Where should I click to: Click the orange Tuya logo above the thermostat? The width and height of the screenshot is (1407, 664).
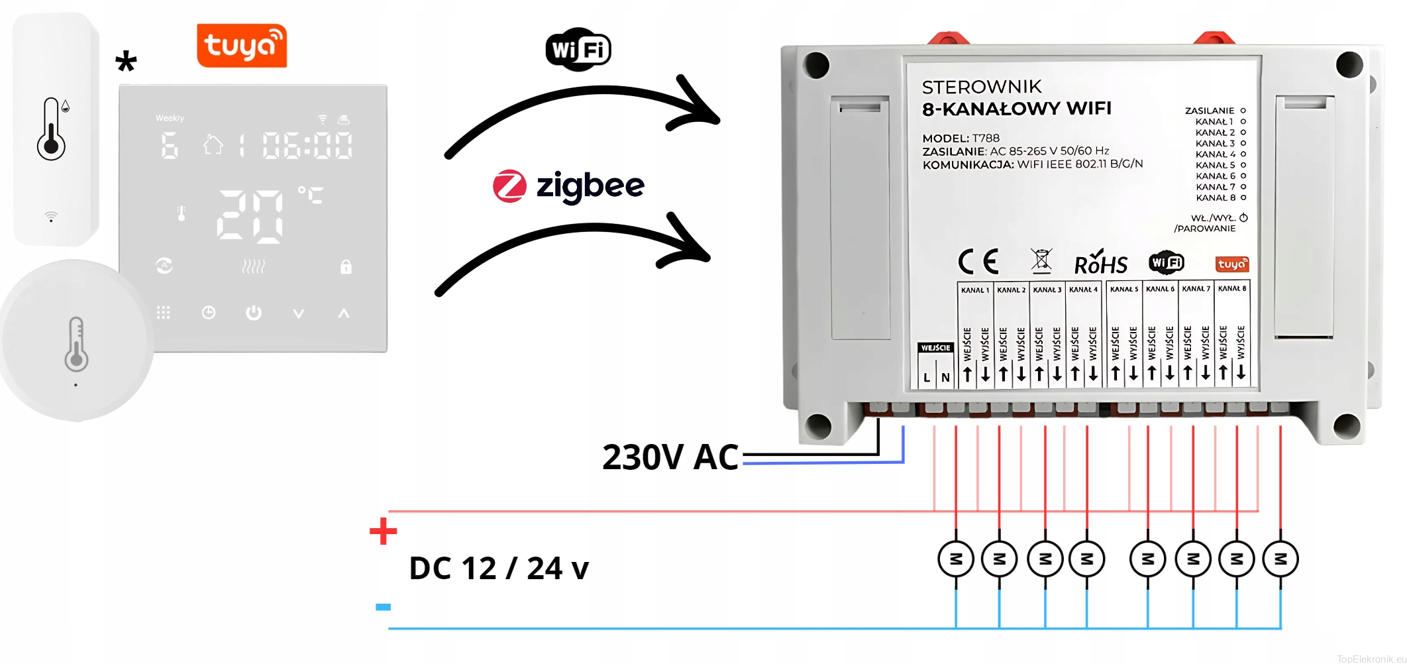(242, 46)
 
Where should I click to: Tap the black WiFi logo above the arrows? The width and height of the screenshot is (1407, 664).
(578, 50)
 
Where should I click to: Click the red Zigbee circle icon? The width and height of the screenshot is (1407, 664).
(509, 186)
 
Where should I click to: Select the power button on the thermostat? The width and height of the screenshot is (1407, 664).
(254, 313)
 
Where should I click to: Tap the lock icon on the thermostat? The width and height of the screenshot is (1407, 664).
(346, 266)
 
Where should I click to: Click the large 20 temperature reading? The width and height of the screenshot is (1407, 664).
(251, 215)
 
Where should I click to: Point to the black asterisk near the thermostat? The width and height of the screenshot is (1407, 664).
(126, 62)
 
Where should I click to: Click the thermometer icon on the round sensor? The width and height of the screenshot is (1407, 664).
(76, 343)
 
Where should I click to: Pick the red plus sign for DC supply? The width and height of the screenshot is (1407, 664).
(383, 531)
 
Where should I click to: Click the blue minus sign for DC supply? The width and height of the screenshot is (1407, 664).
(383, 607)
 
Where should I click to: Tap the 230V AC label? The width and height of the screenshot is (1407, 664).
(670, 457)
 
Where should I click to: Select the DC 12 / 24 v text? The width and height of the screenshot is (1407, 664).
(499, 569)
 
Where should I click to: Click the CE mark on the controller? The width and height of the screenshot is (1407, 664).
(978, 262)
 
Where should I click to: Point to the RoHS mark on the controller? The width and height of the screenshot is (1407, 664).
(1100, 263)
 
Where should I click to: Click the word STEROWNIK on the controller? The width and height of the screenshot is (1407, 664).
(982, 87)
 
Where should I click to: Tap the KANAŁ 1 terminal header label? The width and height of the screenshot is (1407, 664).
(975, 290)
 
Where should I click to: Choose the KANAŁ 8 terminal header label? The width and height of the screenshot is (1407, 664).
(1232, 289)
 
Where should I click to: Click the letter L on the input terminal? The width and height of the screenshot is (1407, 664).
(927, 378)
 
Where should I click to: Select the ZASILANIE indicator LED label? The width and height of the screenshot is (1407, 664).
(1210, 111)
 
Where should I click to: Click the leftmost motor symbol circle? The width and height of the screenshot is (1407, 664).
(955, 559)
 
